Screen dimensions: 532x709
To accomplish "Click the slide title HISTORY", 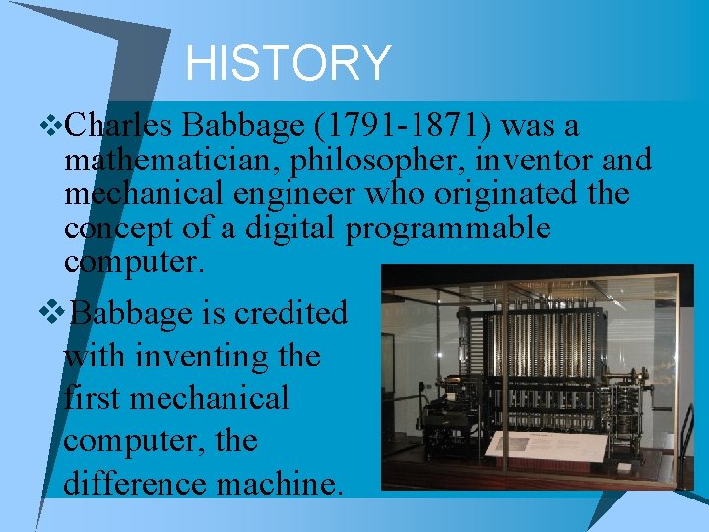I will click(x=288, y=64).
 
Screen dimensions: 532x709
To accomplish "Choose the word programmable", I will click(x=448, y=229).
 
